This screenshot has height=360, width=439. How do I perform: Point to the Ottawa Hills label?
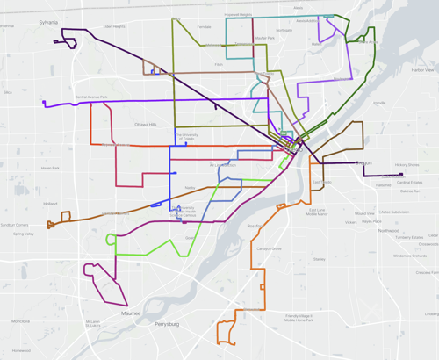[145, 126]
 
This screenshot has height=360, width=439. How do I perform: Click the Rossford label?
[255, 227]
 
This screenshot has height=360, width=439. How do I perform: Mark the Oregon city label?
[364, 163]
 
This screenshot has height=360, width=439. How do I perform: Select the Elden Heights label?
[115, 27]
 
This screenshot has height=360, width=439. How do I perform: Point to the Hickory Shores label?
[407, 164]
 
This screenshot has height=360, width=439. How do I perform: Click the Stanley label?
[319, 259]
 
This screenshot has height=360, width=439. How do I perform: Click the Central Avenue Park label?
[90, 97]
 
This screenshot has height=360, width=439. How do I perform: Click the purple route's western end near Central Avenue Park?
[44, 104]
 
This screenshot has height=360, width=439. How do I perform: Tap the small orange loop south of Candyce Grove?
[226, 333]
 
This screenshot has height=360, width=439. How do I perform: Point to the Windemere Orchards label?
[410, 256]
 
